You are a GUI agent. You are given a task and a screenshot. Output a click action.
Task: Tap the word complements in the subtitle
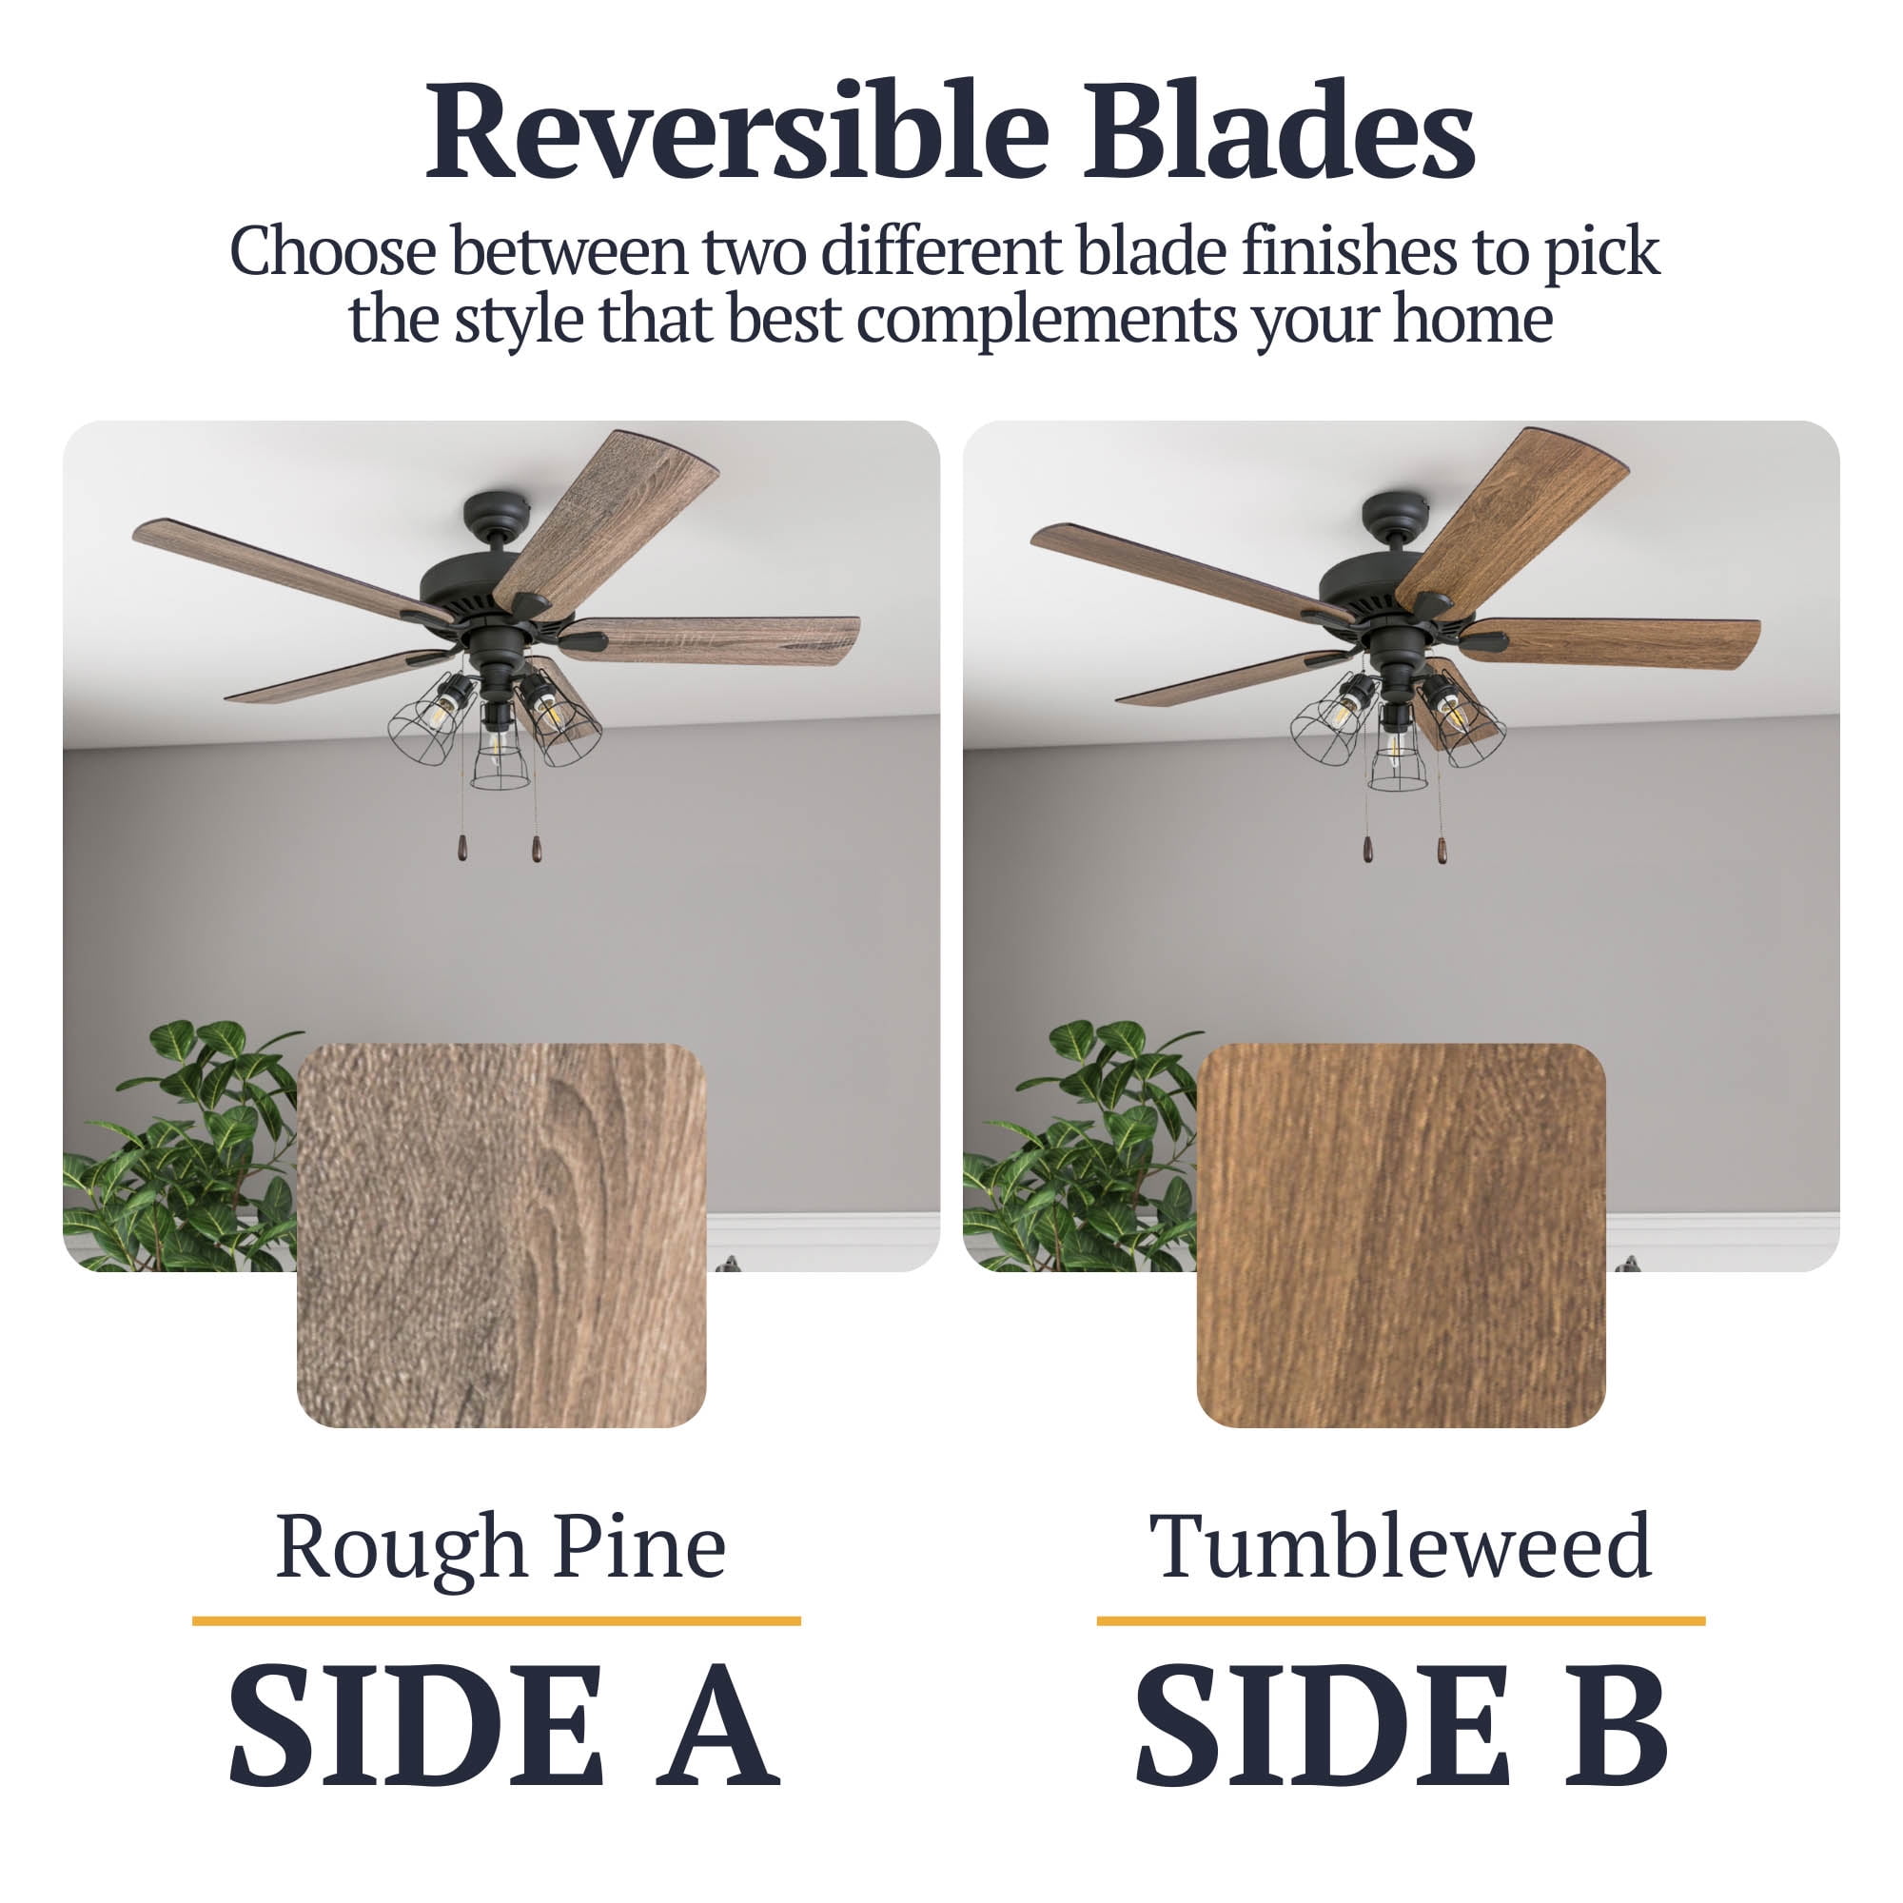(1046, 321)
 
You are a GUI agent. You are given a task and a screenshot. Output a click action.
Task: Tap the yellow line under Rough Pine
(497, 1621)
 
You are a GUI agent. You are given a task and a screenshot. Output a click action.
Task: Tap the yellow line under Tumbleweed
(1401, 1621)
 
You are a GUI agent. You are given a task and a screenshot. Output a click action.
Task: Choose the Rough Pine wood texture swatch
(501, 1235)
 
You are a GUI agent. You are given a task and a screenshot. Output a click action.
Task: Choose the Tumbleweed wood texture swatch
(1401, 1235)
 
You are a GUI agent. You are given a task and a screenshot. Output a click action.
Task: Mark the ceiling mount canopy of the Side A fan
(498, 509)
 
